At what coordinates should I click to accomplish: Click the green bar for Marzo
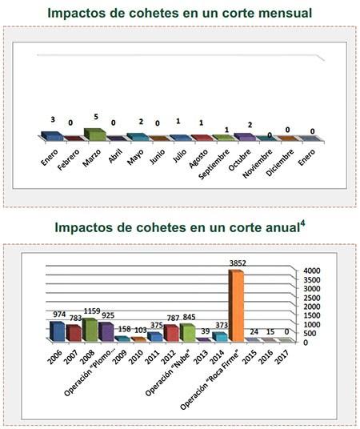click(x=94, y=134)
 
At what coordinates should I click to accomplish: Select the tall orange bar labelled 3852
click(x=236, y=304)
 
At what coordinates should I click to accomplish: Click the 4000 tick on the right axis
click(x=311, y=271)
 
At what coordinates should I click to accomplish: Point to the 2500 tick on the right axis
click(x=311, y=298)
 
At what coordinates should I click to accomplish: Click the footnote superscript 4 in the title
click(x=302, y=223)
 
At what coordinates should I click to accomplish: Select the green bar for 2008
click(x=90, y=329)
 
